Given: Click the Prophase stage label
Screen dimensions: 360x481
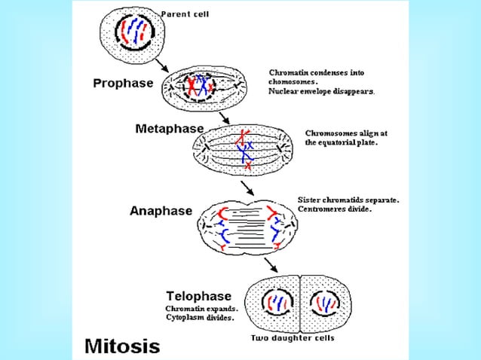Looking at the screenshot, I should (123, 83).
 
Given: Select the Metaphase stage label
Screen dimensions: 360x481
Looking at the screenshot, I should (169, 129).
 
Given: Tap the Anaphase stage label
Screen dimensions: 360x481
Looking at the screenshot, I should (161, 211).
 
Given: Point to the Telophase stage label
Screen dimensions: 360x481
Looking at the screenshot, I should (198, 296).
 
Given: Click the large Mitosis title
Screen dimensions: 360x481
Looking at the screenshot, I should (122, 346).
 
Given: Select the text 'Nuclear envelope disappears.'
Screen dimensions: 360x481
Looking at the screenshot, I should (321, 90).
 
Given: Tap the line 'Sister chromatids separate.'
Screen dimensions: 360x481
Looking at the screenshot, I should (348, 200).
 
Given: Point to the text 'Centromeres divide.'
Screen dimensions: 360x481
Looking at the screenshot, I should (335, 209).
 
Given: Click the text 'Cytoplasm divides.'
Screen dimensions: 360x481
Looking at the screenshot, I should (200, 318).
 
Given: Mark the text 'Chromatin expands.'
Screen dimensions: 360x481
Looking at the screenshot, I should (201, 309).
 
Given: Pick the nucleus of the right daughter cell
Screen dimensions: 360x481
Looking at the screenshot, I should (327, 304).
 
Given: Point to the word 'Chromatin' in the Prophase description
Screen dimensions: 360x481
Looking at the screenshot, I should (288, 72).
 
